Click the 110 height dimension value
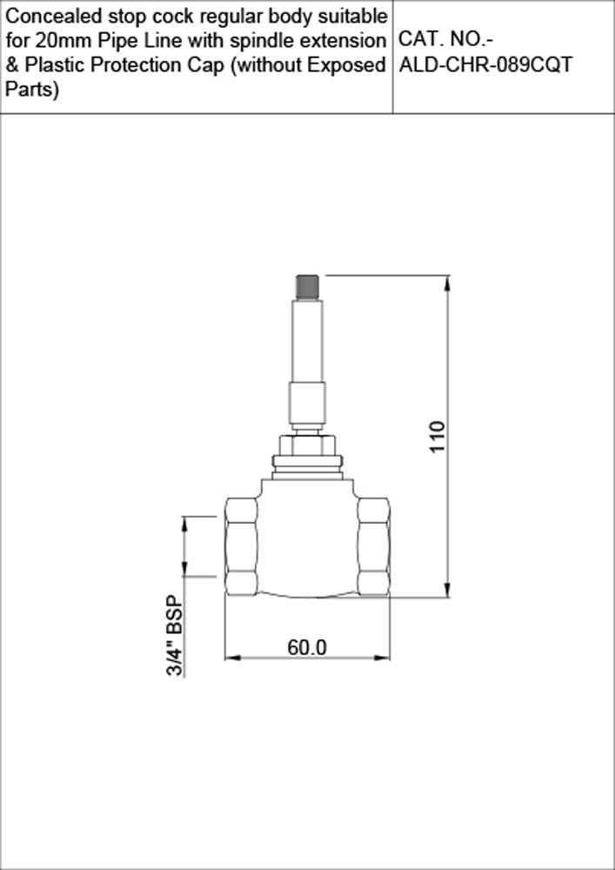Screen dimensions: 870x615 437,436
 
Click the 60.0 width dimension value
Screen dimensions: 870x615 307,647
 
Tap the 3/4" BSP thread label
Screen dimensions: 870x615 176,636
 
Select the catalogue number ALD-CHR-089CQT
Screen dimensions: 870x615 485,65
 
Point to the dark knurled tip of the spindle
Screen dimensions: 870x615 305,284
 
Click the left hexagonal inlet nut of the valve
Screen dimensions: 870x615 241,546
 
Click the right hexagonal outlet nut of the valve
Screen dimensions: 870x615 373,546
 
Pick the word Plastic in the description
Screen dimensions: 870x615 50,65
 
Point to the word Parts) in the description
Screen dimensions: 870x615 32,90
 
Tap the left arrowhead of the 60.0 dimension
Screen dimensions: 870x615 231,657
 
